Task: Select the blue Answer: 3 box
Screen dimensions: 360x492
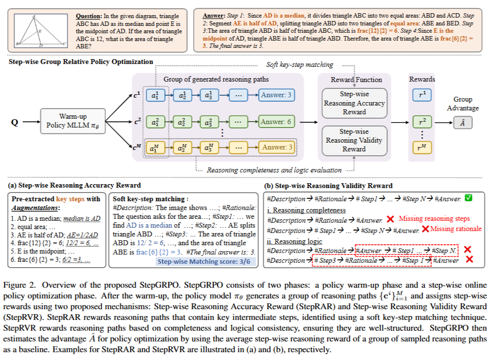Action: (277, 95)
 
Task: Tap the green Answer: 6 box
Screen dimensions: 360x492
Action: (277, 121)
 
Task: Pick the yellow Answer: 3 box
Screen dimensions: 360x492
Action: (277, 147)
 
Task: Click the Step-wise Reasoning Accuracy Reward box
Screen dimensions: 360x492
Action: (354, 103)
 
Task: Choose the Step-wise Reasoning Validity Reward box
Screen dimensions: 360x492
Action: (354, 140)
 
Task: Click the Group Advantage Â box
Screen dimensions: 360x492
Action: (462, 124)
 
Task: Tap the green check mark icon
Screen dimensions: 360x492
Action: (469, 198)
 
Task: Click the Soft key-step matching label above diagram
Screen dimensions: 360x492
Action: (299, 65)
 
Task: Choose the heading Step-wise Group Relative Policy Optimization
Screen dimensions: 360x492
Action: (81, 62)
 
